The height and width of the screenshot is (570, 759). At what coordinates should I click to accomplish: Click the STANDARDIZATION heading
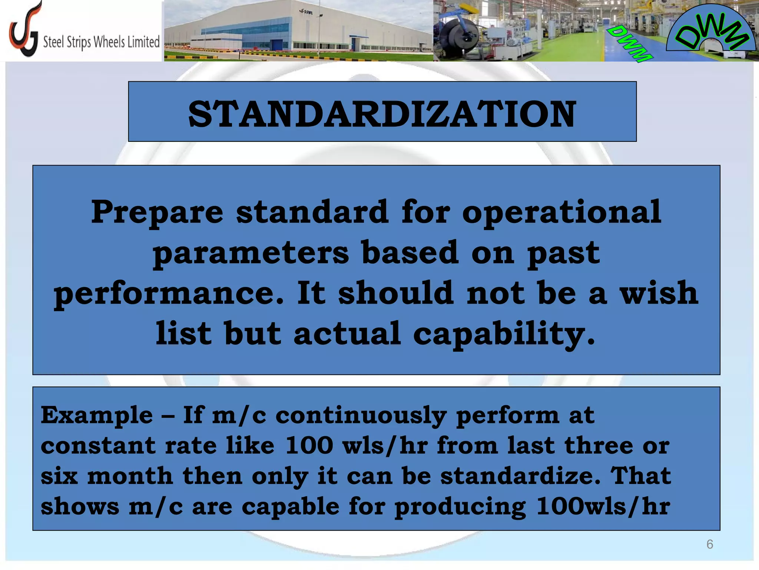tap(382, 114)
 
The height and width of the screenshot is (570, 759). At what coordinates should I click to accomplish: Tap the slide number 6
tap(709, 544)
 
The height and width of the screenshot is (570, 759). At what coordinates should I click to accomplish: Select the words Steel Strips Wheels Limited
tap(101, 42)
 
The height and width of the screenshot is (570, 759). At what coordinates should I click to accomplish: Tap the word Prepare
tap(157, 213)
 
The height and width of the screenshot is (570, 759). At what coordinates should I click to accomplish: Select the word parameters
tap(251, 253)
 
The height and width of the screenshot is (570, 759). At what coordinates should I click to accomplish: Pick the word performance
tap(169, 294)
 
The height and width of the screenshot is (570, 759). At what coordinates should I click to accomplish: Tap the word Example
tap(96, 415)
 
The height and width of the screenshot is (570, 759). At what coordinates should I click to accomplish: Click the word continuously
tap(361, 415)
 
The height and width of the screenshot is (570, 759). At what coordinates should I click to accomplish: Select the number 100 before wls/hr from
tap(309, 446)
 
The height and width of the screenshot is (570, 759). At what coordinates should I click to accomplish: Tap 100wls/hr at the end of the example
tap(603, 507)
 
